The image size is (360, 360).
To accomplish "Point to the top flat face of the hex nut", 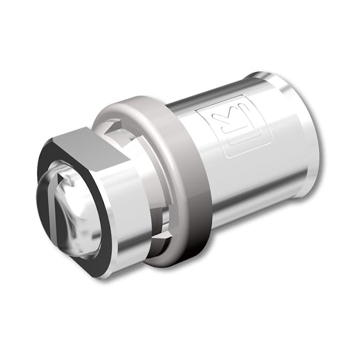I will pyautogui.click(x=90, y=143).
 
